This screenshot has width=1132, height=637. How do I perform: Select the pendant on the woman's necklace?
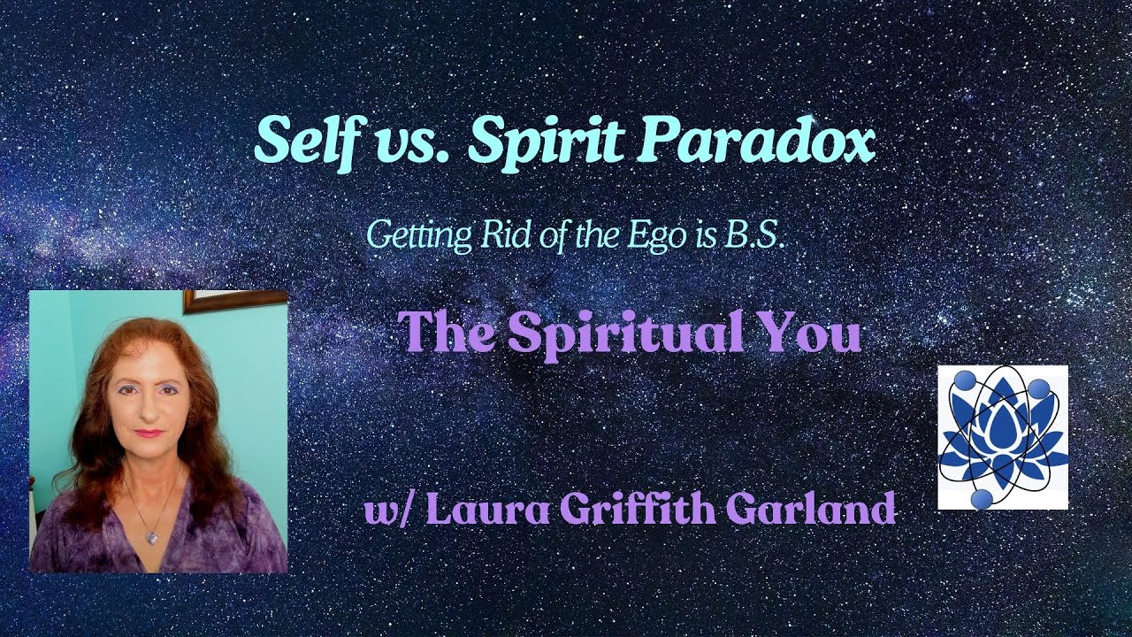tap(153, 536)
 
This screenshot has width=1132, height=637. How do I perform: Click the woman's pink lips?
tap(149, 434)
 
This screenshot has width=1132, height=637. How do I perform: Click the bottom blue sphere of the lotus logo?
tap(981, 500)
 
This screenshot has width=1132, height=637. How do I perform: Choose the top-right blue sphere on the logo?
tap(1037, 388)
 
